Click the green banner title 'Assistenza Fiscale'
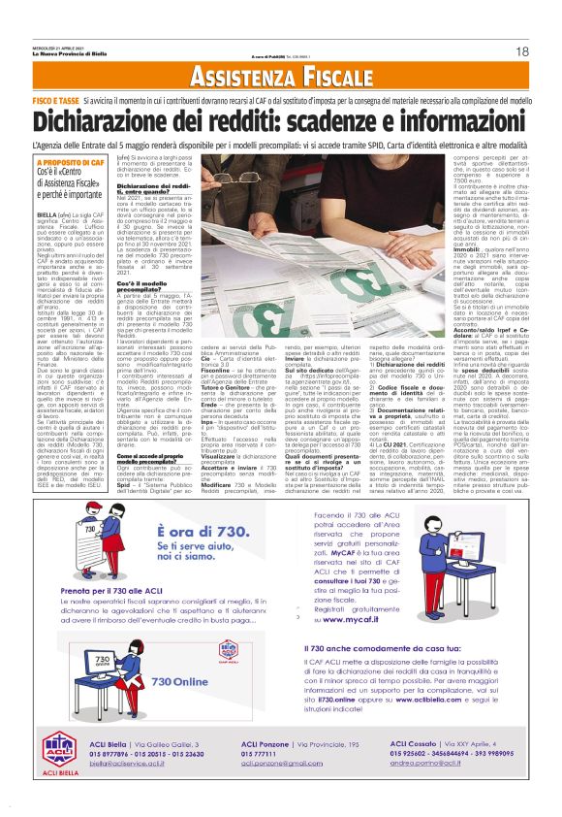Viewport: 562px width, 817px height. tap(280, 77)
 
